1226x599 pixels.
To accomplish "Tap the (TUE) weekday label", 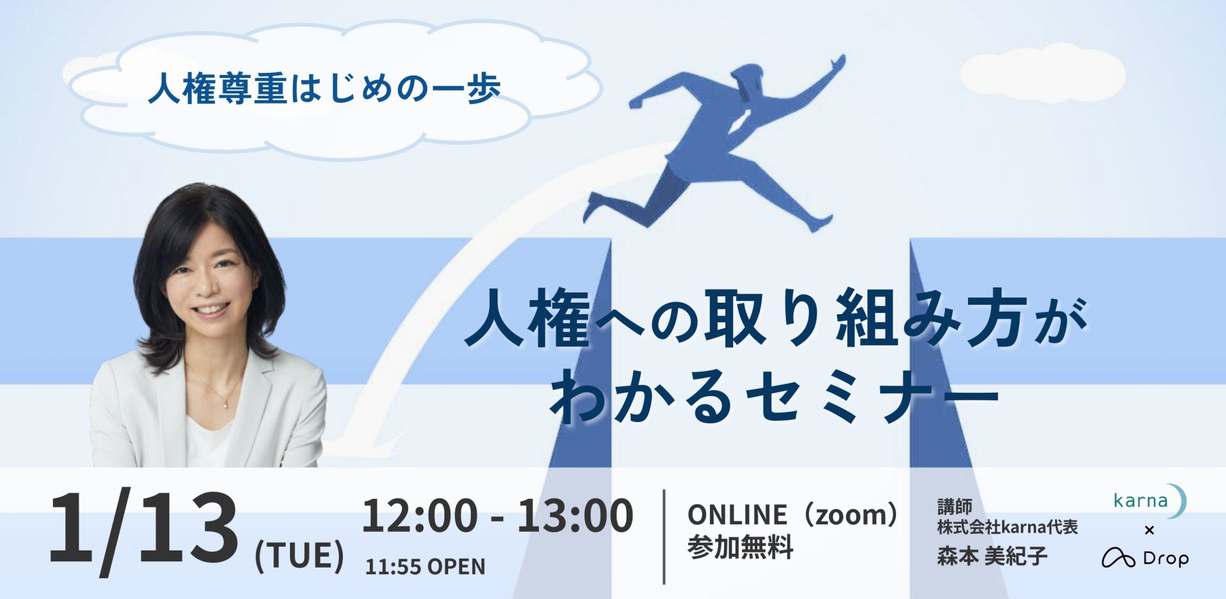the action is click(299, 555).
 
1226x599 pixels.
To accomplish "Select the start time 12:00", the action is click(420, 515).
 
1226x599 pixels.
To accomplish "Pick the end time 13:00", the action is click(575, 515).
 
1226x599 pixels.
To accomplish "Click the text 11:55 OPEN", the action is click(425, 566).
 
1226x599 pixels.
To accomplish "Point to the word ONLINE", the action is click(737, 515).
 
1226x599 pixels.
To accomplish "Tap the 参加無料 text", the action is click(740, 547).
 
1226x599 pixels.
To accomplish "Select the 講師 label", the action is click(955, 506).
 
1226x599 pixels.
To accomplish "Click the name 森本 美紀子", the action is click(992, 556).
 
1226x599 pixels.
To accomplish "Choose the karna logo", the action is click(1149, 501).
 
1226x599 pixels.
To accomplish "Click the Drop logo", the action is click(1145, 558).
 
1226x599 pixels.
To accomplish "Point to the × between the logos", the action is click(1149, 530).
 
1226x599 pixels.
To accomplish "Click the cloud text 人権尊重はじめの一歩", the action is click(324, 88).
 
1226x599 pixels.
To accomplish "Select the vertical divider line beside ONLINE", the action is click(664, 537).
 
